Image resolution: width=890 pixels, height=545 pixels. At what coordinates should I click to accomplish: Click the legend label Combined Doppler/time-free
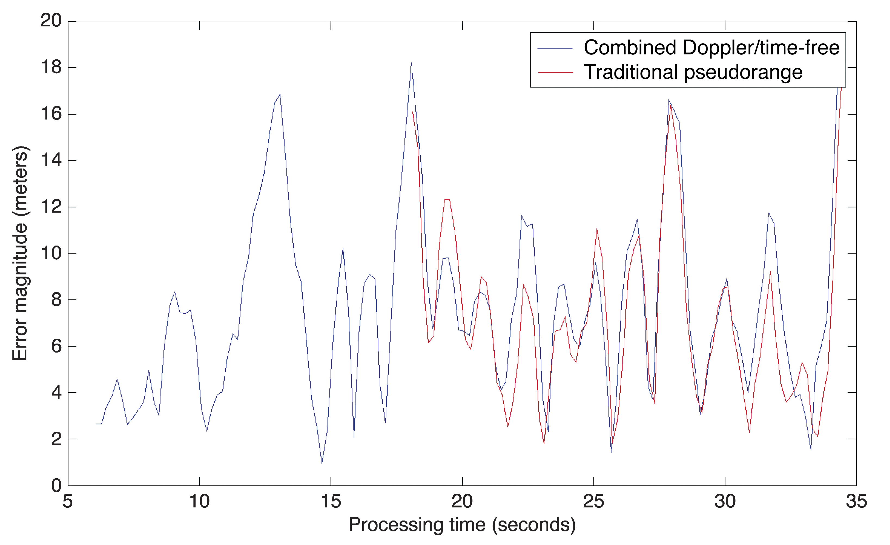point(712,48)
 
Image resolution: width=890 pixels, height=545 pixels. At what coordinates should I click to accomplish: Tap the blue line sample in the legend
point(555,48)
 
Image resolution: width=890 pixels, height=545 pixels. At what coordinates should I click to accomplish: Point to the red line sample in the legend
point(555,73)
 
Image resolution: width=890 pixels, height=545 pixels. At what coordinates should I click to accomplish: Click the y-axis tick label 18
point(51,67)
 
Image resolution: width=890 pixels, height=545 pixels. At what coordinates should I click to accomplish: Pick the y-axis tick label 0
point(56,485)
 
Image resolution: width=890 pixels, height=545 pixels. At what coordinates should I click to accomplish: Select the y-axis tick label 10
point(51,253)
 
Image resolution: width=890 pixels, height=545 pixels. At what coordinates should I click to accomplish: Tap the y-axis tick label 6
point(56,346)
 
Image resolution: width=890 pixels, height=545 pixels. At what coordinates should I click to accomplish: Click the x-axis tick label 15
point(330,501)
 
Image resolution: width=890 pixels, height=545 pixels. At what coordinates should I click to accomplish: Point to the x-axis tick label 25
point(594,501)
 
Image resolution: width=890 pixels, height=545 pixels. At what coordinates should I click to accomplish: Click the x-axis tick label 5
point(68,501)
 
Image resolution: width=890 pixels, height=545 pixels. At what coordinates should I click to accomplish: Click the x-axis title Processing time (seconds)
point(462,525)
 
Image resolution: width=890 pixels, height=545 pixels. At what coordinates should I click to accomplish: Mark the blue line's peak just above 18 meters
point(411,63)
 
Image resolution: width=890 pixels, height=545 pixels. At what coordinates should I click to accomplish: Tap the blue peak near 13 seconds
point(280,95)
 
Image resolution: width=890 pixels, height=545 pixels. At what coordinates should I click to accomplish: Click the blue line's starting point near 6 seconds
point(96,424)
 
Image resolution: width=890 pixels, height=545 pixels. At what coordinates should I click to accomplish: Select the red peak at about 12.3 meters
point(447,200)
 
